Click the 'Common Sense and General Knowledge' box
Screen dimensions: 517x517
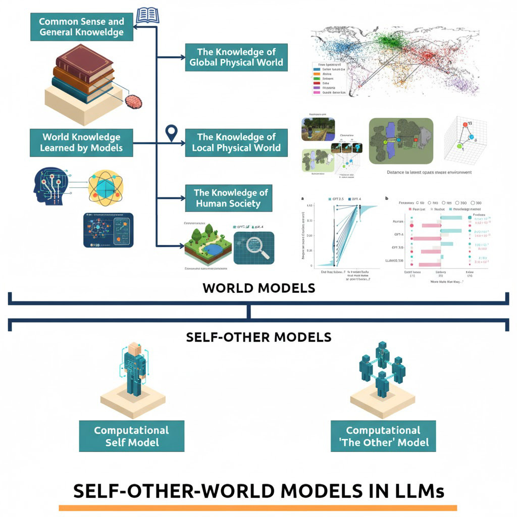[x=81, y=27]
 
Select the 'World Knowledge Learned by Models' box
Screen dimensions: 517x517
[x=81, y=142]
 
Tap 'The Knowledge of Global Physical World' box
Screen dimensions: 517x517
[x=236, y=57]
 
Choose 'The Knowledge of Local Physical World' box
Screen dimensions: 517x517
[x=236, y=142]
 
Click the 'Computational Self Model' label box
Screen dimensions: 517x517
[x=132, y=436]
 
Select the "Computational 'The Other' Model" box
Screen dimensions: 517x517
[x=383, y=436]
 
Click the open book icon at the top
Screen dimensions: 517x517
[x=147, y=15]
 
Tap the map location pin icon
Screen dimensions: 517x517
[x=172, y=134]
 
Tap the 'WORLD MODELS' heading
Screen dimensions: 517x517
[x=258, y=288]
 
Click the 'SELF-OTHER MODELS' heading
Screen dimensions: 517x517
[x=258, y=337]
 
